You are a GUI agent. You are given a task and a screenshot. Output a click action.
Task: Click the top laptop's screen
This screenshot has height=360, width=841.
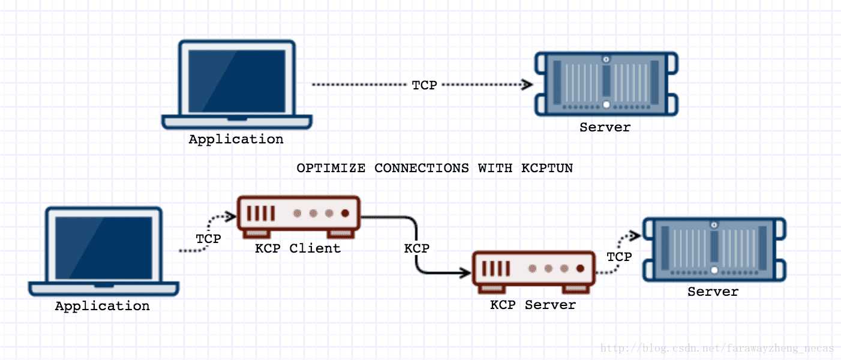point(236,81)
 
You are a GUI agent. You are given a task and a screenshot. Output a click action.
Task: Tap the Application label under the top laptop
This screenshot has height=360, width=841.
point(236,140)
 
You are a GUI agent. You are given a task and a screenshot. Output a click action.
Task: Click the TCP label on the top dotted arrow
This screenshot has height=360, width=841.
point(424,85)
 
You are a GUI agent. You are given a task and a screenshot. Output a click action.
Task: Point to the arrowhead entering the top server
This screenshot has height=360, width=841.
point(527,85)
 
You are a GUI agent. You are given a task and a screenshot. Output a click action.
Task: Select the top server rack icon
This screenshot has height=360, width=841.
point(606,84)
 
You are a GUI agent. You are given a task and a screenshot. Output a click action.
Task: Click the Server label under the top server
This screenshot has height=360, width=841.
point(605,127)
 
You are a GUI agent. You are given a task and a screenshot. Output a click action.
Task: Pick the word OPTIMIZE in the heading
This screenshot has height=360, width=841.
point(331,168)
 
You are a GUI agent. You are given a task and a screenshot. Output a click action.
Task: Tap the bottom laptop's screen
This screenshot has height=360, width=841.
point(104,248)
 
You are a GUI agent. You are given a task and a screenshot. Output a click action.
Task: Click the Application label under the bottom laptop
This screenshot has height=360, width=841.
point(102,307)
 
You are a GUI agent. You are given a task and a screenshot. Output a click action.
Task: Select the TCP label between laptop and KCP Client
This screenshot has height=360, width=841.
point(208,239)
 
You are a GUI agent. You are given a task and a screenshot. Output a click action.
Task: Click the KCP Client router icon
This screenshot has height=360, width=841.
point(299,217)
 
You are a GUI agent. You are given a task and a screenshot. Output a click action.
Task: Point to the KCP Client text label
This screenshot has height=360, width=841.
point(298,248)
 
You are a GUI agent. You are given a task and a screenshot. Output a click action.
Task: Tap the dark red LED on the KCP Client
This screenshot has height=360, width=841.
point(346,213)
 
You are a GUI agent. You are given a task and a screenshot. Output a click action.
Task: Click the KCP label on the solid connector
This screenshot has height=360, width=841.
point(417,248)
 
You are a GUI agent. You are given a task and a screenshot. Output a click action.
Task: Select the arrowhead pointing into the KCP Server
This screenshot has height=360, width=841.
point(465,272)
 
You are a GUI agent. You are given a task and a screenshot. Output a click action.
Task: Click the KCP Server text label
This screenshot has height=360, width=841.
point(533,305)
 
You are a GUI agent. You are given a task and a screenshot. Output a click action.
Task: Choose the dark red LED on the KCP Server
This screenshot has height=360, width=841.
point(581,268)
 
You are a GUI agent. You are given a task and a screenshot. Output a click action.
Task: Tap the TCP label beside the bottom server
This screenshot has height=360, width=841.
point(619,257)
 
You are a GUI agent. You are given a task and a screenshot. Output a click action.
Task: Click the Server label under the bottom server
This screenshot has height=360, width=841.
point(713,292)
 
